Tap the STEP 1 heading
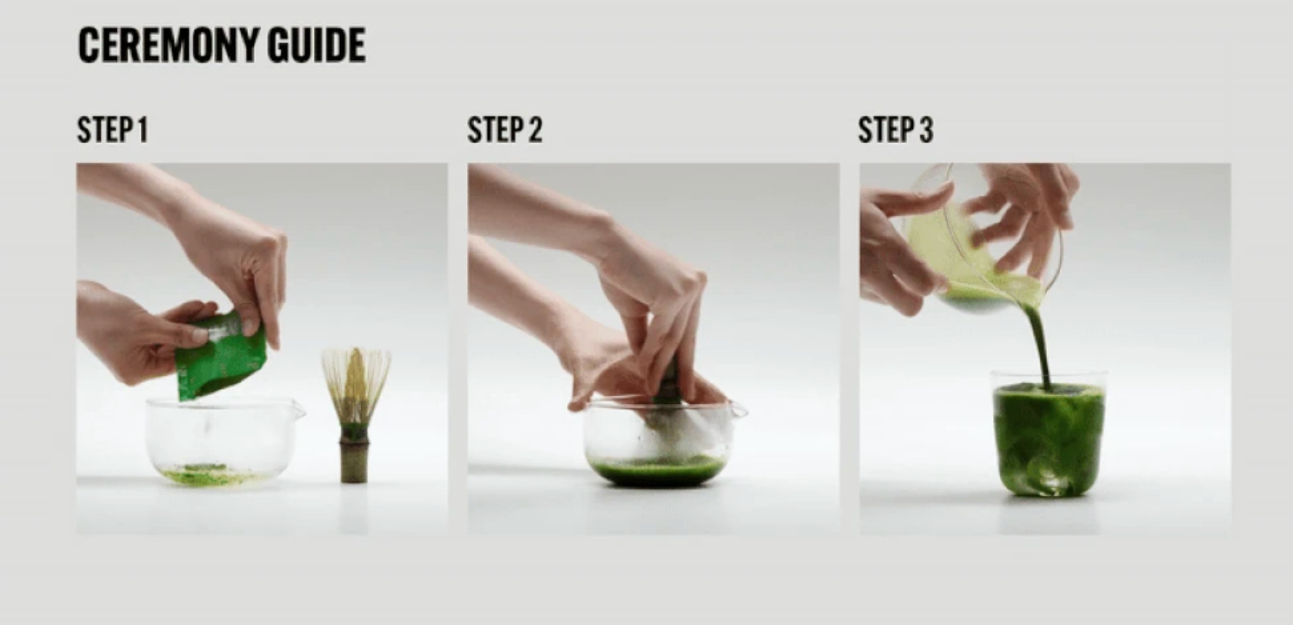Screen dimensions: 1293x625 [112, 130]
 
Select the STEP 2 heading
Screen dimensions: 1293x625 [505, 130]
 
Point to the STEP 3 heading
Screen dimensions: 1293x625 [895, 130]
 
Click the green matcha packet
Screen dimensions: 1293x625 [220, 354]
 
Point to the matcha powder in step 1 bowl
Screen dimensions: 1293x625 [208, 475]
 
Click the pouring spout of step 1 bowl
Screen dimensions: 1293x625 [298, 410]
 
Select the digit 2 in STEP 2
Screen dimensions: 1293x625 [535, 130]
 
